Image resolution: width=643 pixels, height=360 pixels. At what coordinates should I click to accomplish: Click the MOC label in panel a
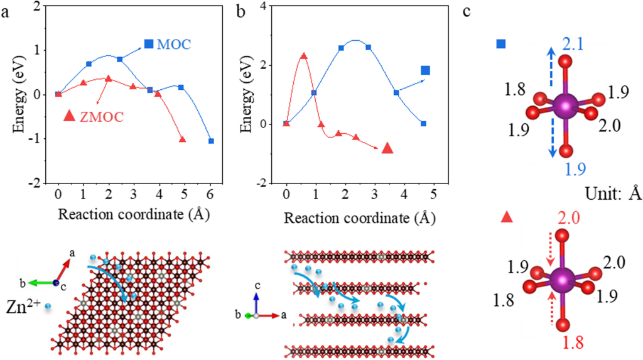[x=175, y=44]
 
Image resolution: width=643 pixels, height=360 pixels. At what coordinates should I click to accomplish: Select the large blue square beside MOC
[x=149, y=44]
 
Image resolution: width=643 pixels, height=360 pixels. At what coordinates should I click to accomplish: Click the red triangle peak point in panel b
[x=304, y=56]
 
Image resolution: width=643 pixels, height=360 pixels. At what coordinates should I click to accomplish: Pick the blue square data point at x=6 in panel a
[x=211, y=141]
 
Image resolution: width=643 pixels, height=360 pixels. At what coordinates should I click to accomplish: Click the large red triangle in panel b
[x=387, y=148]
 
